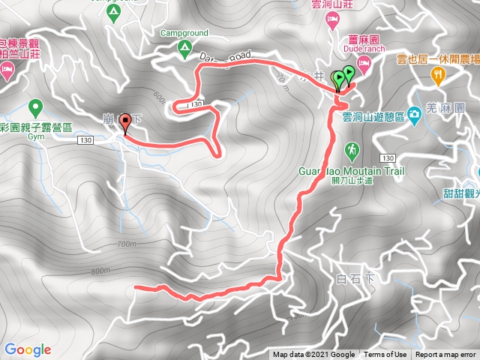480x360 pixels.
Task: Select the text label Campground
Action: pos(184,34)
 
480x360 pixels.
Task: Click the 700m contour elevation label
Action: pos(128,244)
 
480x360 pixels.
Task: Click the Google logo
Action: pos(27,349)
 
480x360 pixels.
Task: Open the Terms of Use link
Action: pos(385,355)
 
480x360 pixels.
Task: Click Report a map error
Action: pos(445,355)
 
